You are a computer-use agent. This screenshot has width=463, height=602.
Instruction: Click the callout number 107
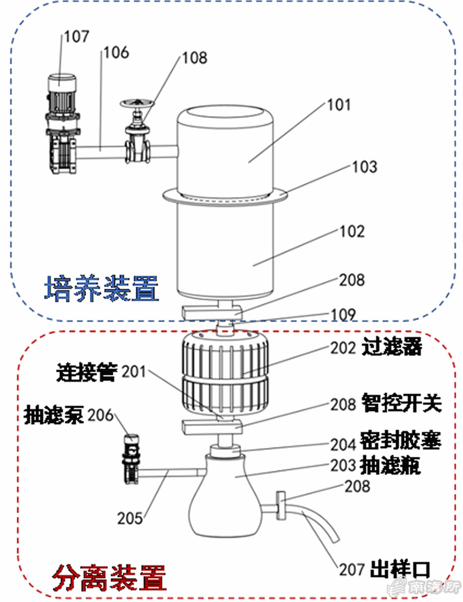click(x=77, y=37)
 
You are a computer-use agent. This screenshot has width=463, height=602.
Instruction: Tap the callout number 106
click(x=116, y=53)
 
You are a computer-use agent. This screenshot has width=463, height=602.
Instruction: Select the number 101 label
click(x=339, y=105)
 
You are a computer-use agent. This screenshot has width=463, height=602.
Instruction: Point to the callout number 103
click(x=365, y=167)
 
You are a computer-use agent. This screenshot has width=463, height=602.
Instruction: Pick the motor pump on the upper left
click(x=62, y=124)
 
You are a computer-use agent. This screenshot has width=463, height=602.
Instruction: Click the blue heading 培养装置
click(x=101, y=288)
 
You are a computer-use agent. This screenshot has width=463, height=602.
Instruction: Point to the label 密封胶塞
click(x=401, y=440)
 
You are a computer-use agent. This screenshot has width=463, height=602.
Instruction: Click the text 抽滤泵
click(x=53, y=415)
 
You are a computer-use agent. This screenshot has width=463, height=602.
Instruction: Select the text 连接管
click(x=87, y=372)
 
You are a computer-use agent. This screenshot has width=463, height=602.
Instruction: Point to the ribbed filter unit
click(x=225, y=374)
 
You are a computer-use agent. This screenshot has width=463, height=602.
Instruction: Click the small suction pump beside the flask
click(x=131, y=459)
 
